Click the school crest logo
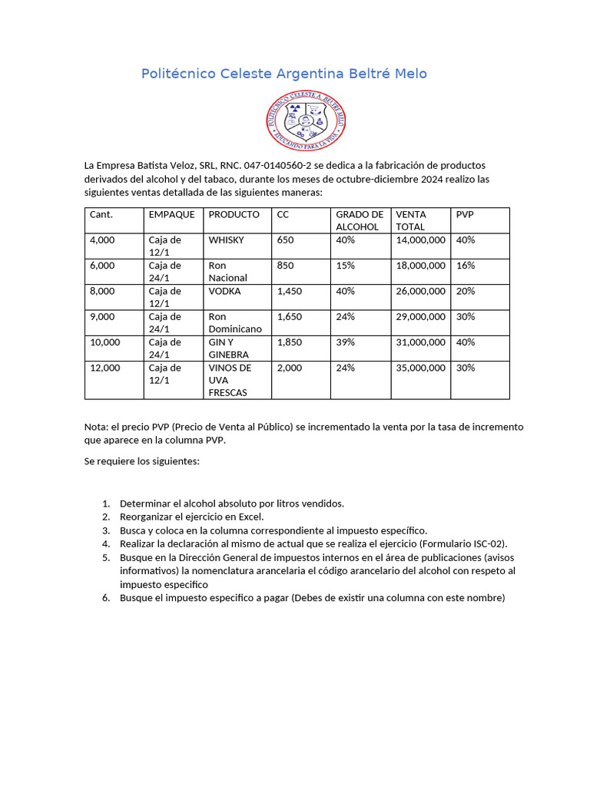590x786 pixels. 306,121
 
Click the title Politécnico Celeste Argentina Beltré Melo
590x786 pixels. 283,74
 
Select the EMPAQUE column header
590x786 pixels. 171,215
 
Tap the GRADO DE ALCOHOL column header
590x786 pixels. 359,220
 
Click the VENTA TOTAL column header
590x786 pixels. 411,220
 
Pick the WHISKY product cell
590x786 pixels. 226,240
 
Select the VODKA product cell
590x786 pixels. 224,292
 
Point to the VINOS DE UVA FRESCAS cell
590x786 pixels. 230,380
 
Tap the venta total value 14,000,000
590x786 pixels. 420,240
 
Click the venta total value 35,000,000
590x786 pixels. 420,368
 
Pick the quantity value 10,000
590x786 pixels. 105,342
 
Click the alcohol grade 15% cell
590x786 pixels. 345,266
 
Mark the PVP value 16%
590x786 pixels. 466,266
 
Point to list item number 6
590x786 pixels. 106,599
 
